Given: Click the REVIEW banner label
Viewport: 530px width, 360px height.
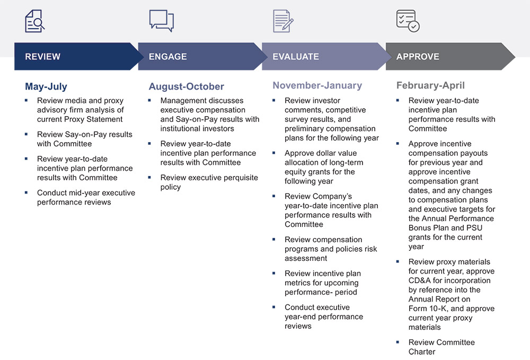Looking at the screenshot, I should (x=43, y=57).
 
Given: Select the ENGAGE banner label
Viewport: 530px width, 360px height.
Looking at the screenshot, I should (x=167, y=57).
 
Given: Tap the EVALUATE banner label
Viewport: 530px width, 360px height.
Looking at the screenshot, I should (x=296, y=57).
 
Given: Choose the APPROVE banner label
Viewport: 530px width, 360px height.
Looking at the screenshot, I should (x=418, y=57).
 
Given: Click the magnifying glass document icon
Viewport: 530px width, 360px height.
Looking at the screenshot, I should (x=35, y=21).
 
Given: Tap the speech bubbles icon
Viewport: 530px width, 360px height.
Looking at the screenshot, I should (x=162, y=21).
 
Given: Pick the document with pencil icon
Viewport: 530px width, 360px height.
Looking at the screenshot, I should (x=283, y=21).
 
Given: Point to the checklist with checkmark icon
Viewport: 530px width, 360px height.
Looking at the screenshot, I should (x=408, y=21).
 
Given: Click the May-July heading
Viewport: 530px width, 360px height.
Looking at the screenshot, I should (x=46, y=86).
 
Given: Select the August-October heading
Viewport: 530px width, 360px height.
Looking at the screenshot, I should (x=186, y=86).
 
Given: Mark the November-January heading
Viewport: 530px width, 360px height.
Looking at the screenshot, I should (x=317, y=85).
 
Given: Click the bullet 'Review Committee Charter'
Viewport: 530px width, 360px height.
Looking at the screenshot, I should (x=441, y=347).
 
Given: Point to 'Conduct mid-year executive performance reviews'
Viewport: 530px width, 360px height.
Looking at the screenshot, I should (x=86, y=197).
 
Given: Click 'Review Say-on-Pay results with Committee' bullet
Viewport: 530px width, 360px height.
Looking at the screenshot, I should (x=84, y=139).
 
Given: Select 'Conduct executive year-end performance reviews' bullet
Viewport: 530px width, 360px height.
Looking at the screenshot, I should (x=323, y=317).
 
